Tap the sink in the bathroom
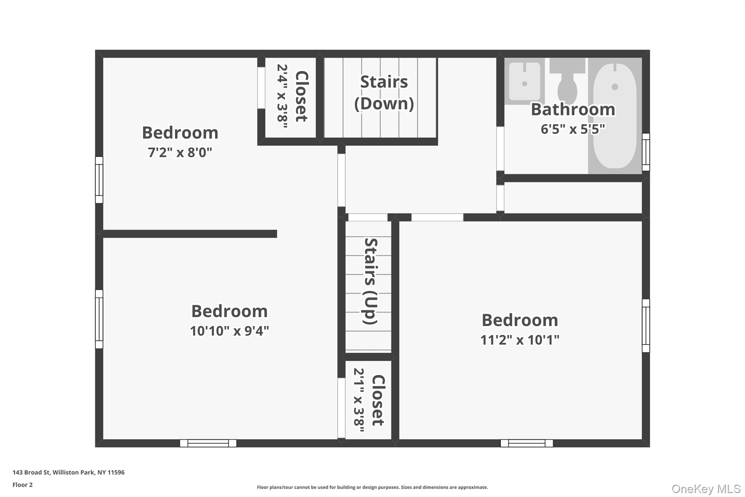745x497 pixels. (x=524, y=82)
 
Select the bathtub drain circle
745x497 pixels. (x=615, y=87)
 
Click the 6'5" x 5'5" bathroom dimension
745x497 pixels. (x=573, y=129)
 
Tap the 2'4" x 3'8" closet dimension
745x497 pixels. (x=282, y=96)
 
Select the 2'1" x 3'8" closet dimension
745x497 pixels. (x=359, y=400)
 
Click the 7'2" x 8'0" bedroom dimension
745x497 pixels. (x=180, y=152)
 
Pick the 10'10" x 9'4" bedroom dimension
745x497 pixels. (x=229, y=331)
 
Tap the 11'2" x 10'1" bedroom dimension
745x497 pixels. (x=519, y=340)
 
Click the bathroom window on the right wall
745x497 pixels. (x=646, y=152)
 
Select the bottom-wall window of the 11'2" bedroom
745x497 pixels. (x=526, y=443)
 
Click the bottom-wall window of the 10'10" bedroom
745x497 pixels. (x=208, y=443)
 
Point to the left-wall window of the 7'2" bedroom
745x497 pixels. (x=99, y=180)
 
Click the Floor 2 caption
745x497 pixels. (x=23, y=485)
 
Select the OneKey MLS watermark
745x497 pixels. (x=706, y=489)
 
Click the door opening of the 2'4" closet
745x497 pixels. (x=261, y=88)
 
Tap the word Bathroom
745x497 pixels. (x=573, y=109)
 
